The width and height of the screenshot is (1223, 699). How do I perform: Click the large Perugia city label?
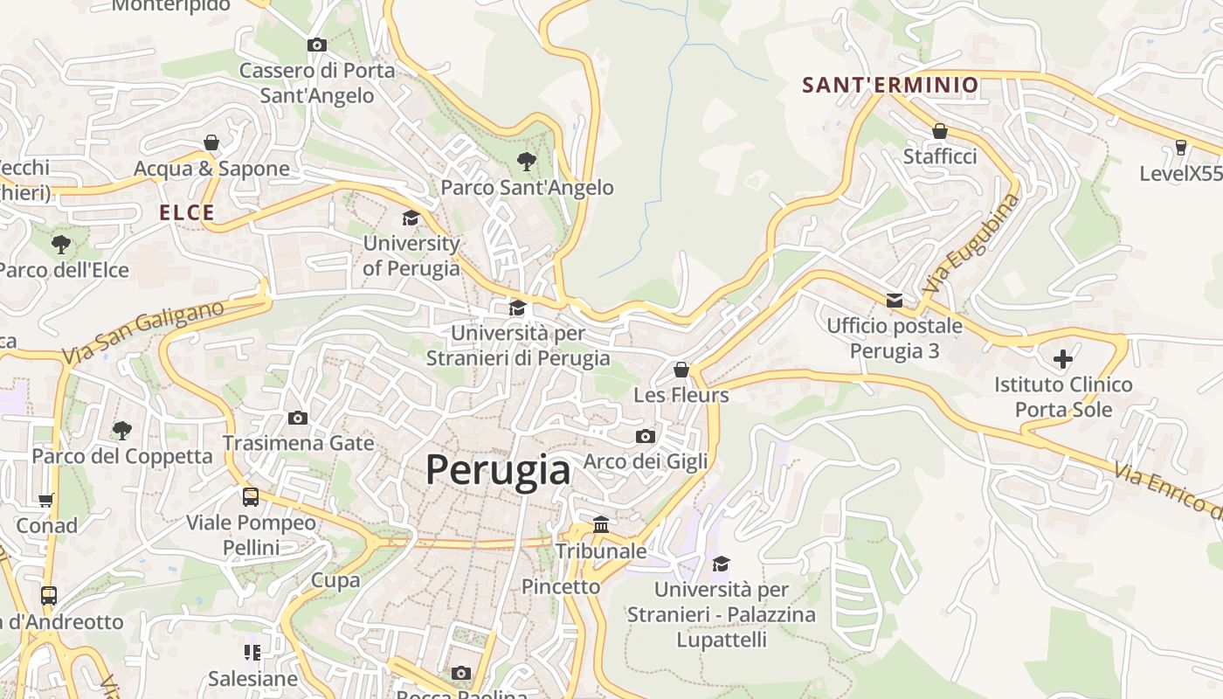[x=498, y=470]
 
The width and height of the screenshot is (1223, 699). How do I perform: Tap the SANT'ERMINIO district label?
[x=890, y=85]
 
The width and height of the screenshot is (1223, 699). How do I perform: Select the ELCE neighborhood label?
[x=187, y=212]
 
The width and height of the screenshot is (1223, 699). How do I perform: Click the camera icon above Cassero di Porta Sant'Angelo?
[x=317, y=45]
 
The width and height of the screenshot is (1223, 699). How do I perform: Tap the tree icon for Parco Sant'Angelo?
[x=526, y=161]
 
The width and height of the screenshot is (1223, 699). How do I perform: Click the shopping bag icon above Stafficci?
[x=940, y=131]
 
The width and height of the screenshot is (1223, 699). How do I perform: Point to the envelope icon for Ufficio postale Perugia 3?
[x=895, y=301]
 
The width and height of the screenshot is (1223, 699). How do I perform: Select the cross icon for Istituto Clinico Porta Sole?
[x=1063, y=358]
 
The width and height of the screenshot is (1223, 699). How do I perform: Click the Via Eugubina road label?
[x=971, y=243]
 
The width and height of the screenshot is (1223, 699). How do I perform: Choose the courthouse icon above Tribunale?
[x=601, y=524]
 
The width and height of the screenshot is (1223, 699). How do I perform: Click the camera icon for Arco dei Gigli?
[x=645, y=436]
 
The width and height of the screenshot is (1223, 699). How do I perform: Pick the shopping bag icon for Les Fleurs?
[x=681, y=370]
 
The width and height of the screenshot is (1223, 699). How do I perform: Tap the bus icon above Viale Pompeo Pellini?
[x=251, y=497]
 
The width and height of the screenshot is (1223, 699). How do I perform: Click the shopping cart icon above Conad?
[x=46, y=500]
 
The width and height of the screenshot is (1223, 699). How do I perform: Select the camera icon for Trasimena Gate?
[x=298, y=418]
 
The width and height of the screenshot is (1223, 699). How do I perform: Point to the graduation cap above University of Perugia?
[x=411, y=218]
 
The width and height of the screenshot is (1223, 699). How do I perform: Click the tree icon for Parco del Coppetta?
[x=122, y=430]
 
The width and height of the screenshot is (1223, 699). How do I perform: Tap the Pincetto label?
[x=561, y=586]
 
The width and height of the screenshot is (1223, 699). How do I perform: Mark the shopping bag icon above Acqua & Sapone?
[x=211, y=142]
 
